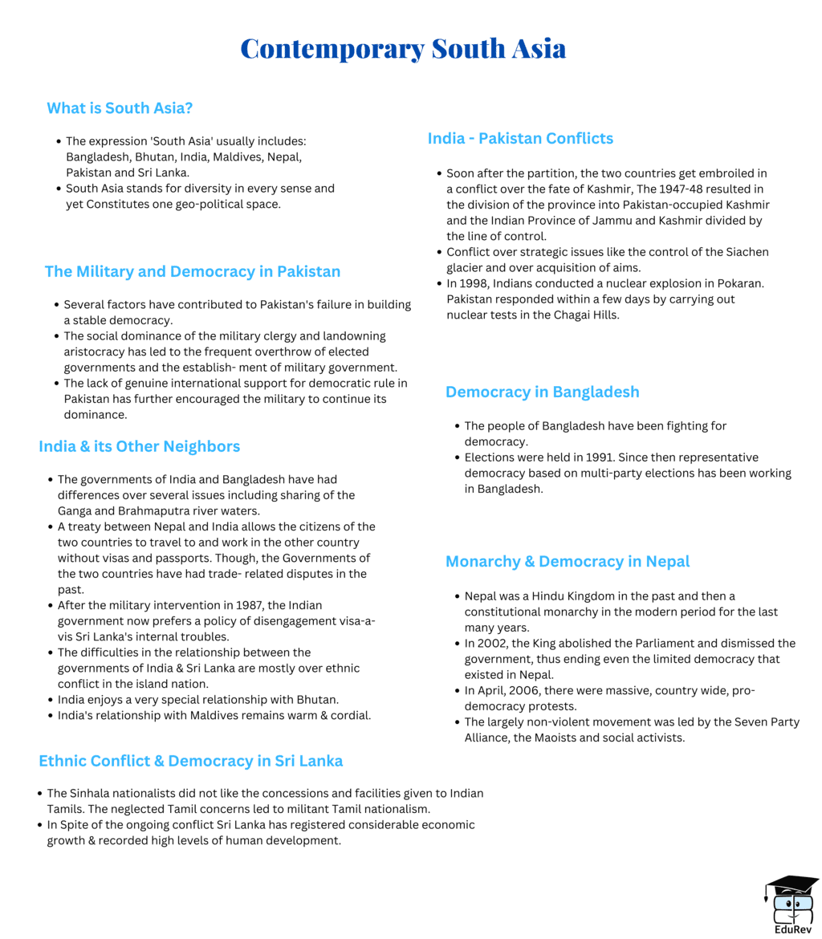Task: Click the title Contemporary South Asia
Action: coord(403,48)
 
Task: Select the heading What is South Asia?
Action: coord(120,108)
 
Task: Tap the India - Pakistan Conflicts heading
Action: coord(520,138)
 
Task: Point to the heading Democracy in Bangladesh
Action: coord(543,392)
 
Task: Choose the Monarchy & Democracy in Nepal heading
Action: coord(568,561)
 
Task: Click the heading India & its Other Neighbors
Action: coord(139,445)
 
